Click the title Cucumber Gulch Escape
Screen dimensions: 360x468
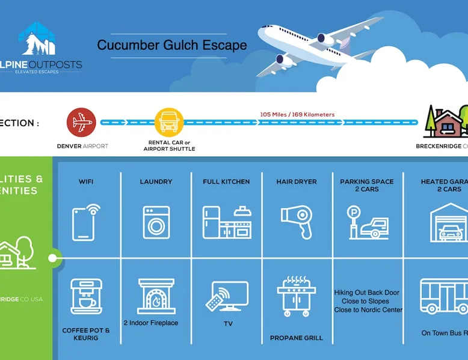click(171, 46)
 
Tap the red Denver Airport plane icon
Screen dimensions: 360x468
click(81, 123)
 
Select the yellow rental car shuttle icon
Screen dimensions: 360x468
click(168, 123)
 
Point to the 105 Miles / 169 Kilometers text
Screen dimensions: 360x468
click(297, 114)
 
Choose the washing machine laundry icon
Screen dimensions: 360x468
click(156, 222)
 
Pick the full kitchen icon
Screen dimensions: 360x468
click(227, 222)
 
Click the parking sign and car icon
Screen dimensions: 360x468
click(367, 222)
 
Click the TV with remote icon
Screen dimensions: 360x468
click(227, 296)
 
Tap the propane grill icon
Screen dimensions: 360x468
click(297, 300)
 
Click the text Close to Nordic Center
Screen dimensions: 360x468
click(368, 310)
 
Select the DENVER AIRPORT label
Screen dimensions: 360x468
click(82, 146)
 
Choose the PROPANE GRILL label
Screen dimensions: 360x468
click(296, 338)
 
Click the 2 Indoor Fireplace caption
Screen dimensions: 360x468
click(150, 323)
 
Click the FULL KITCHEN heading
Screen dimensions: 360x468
click(226, 182)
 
